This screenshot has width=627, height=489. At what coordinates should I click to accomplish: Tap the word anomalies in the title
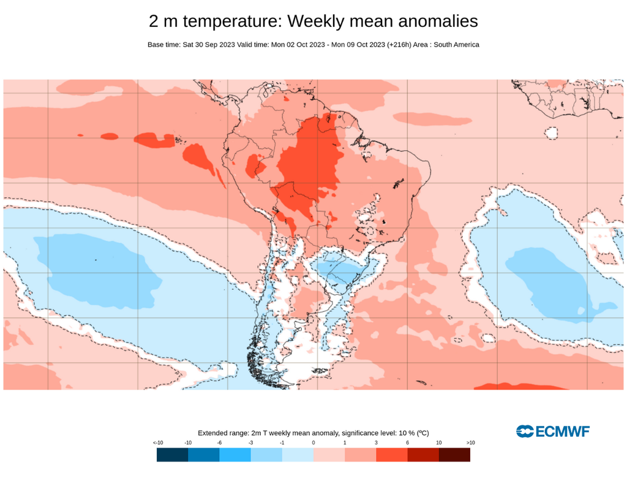coord(438,21)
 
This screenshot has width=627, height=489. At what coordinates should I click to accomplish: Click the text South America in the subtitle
coord(456,45)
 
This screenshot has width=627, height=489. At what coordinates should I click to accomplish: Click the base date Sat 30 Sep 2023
coord(210,45)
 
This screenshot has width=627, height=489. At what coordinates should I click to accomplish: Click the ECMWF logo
coord(553,431)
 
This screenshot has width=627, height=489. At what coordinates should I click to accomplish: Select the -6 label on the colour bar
coord(219,442)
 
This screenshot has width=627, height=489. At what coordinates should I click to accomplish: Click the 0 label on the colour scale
coord(313,442)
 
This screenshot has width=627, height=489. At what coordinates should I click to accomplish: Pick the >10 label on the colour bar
coord(470,442)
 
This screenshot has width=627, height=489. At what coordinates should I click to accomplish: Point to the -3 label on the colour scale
coord(250,442)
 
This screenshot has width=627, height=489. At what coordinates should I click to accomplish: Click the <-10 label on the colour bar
coord(158,442)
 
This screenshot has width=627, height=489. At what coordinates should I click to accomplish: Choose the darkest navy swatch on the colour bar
coord(172,455)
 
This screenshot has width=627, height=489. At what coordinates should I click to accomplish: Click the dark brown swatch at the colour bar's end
coord(454,455)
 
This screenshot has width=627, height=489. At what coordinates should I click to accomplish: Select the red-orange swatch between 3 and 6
coord(392,455)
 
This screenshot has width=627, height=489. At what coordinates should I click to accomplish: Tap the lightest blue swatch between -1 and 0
coord(298,455)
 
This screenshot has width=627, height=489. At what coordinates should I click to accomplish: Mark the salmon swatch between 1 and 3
coord(361,455)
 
